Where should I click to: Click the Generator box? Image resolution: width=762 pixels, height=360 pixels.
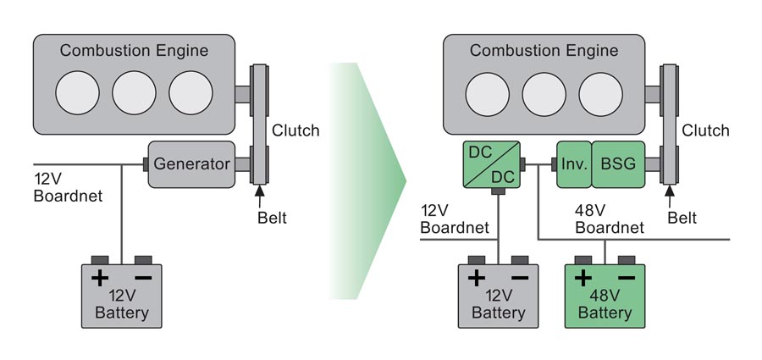(191, 163)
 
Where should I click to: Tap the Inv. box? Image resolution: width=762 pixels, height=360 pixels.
(572, 163)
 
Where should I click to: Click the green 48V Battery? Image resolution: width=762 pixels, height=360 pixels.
(605, 296)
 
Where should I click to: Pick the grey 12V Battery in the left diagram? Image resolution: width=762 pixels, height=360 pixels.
(122, 296)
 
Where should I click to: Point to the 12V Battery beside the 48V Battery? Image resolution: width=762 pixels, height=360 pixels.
(498, 296)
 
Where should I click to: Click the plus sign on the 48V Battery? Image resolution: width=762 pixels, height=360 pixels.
(583, 277)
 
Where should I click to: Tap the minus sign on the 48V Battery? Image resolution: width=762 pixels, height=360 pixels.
(627, 277)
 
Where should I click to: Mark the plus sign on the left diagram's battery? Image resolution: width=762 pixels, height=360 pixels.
(100, 277)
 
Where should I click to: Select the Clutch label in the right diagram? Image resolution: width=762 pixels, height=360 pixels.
(705, 130)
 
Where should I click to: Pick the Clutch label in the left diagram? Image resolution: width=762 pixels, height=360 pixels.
(295, 130)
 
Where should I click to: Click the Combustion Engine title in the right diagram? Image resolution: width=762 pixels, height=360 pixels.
(544, 51)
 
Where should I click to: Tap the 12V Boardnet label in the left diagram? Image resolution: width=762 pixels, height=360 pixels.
(67, 187)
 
